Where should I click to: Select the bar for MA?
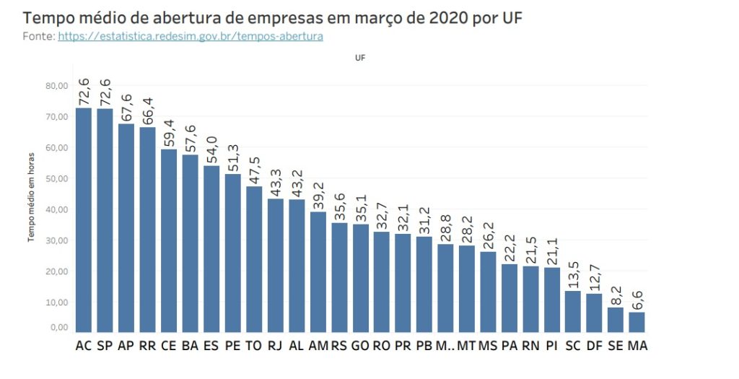[x=637, y=322]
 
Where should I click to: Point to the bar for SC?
[x=572, y=311]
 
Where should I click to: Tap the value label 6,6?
[x=638, y=297]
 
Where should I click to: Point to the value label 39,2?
[x=318, y=196]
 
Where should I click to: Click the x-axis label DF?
[x=595, y=346]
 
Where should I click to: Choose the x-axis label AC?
[x=84, y=346]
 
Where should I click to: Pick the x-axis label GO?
[x=359, y=346]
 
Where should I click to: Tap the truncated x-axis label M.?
[x=445, y=346]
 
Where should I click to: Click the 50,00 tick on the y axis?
[x=57, y=178]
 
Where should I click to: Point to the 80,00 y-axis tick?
[x=57, y=85]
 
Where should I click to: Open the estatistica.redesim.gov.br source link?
[x=191, y=35]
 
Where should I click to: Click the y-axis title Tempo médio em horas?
[x=32, y=196]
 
